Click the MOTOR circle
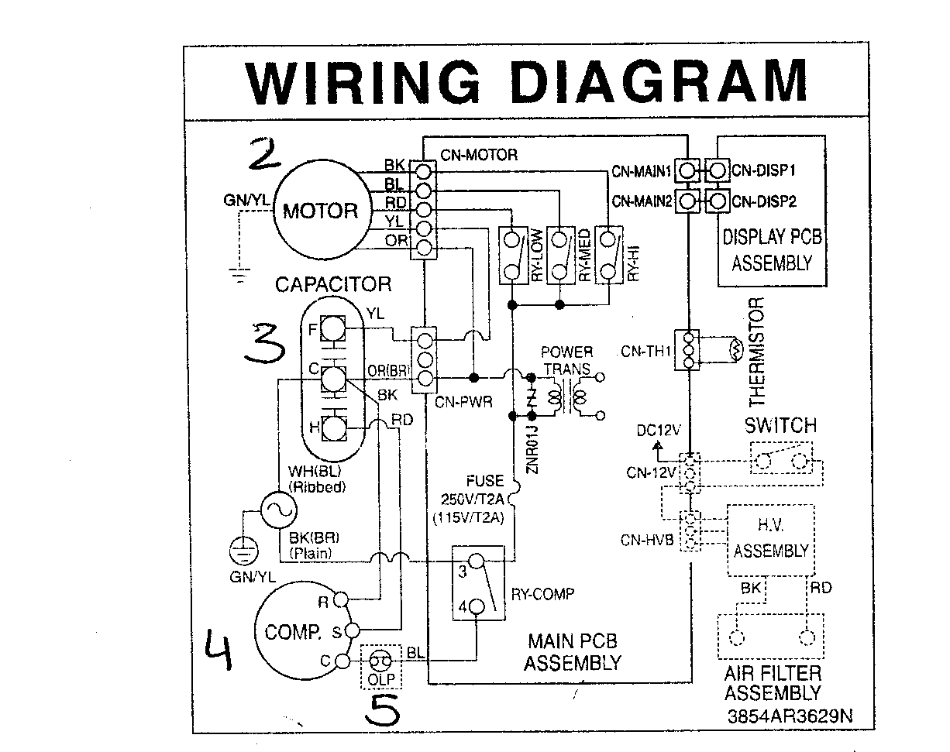point(320,210)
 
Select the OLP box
point(380,666)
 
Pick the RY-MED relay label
point(583,256)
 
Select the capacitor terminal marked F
point(332,329)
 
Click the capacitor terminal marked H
point(332,428)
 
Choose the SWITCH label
point(780,425)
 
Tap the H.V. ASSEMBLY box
point(770,540)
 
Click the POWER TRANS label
point(566,360)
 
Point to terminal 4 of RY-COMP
point(476,607)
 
